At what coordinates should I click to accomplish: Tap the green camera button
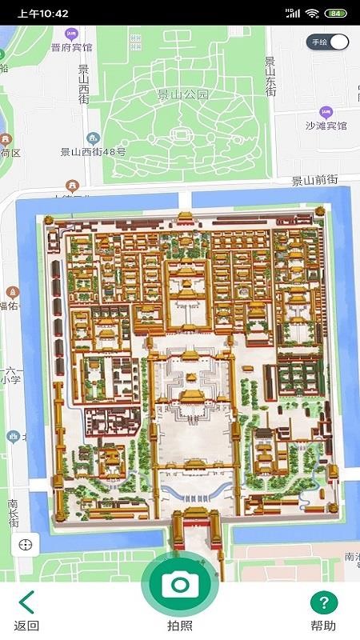[179, 584]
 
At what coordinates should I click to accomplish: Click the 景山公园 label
[182, 94]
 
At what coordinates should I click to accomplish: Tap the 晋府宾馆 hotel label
[72, 47]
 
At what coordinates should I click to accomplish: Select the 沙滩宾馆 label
[326, 126]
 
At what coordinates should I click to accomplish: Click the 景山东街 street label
[270, 77]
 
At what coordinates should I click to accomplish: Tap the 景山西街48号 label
[94, 151]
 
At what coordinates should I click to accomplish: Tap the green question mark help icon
[324, 602]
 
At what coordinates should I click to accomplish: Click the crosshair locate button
[26, 545]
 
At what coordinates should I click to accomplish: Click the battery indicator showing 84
[336, 14]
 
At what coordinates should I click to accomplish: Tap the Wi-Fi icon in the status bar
[312, 14]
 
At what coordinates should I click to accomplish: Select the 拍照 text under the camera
[179, 626]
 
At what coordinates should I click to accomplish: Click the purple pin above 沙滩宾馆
[326, 112]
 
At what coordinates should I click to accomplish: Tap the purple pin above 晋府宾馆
[72, 34]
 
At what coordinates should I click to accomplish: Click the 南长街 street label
[13, 513]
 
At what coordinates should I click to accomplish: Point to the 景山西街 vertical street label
[84, 87]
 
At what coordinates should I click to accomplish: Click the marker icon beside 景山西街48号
[94, 138]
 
